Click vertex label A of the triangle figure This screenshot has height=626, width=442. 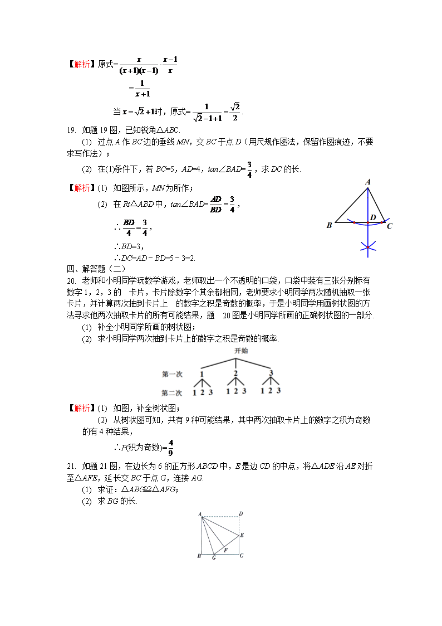(x=368, y=182)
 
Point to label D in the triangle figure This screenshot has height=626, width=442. (x=373, y=217)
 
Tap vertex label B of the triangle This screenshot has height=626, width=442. (x=329, y=226)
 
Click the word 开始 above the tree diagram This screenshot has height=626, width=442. (x=241, y=351)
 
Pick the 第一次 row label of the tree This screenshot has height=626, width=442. (x=173, y=374)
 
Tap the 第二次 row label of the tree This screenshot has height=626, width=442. (x=173, y=392)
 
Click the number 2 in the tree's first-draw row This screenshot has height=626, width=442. (x=236, y=373)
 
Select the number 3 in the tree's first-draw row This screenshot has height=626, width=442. (x=271, y=373)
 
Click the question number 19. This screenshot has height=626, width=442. (x=71, y=130)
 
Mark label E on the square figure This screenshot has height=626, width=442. (x=242, y=535)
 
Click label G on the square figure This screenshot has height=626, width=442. (x=213, y=558)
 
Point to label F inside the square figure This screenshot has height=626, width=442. (x=225, y=550)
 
